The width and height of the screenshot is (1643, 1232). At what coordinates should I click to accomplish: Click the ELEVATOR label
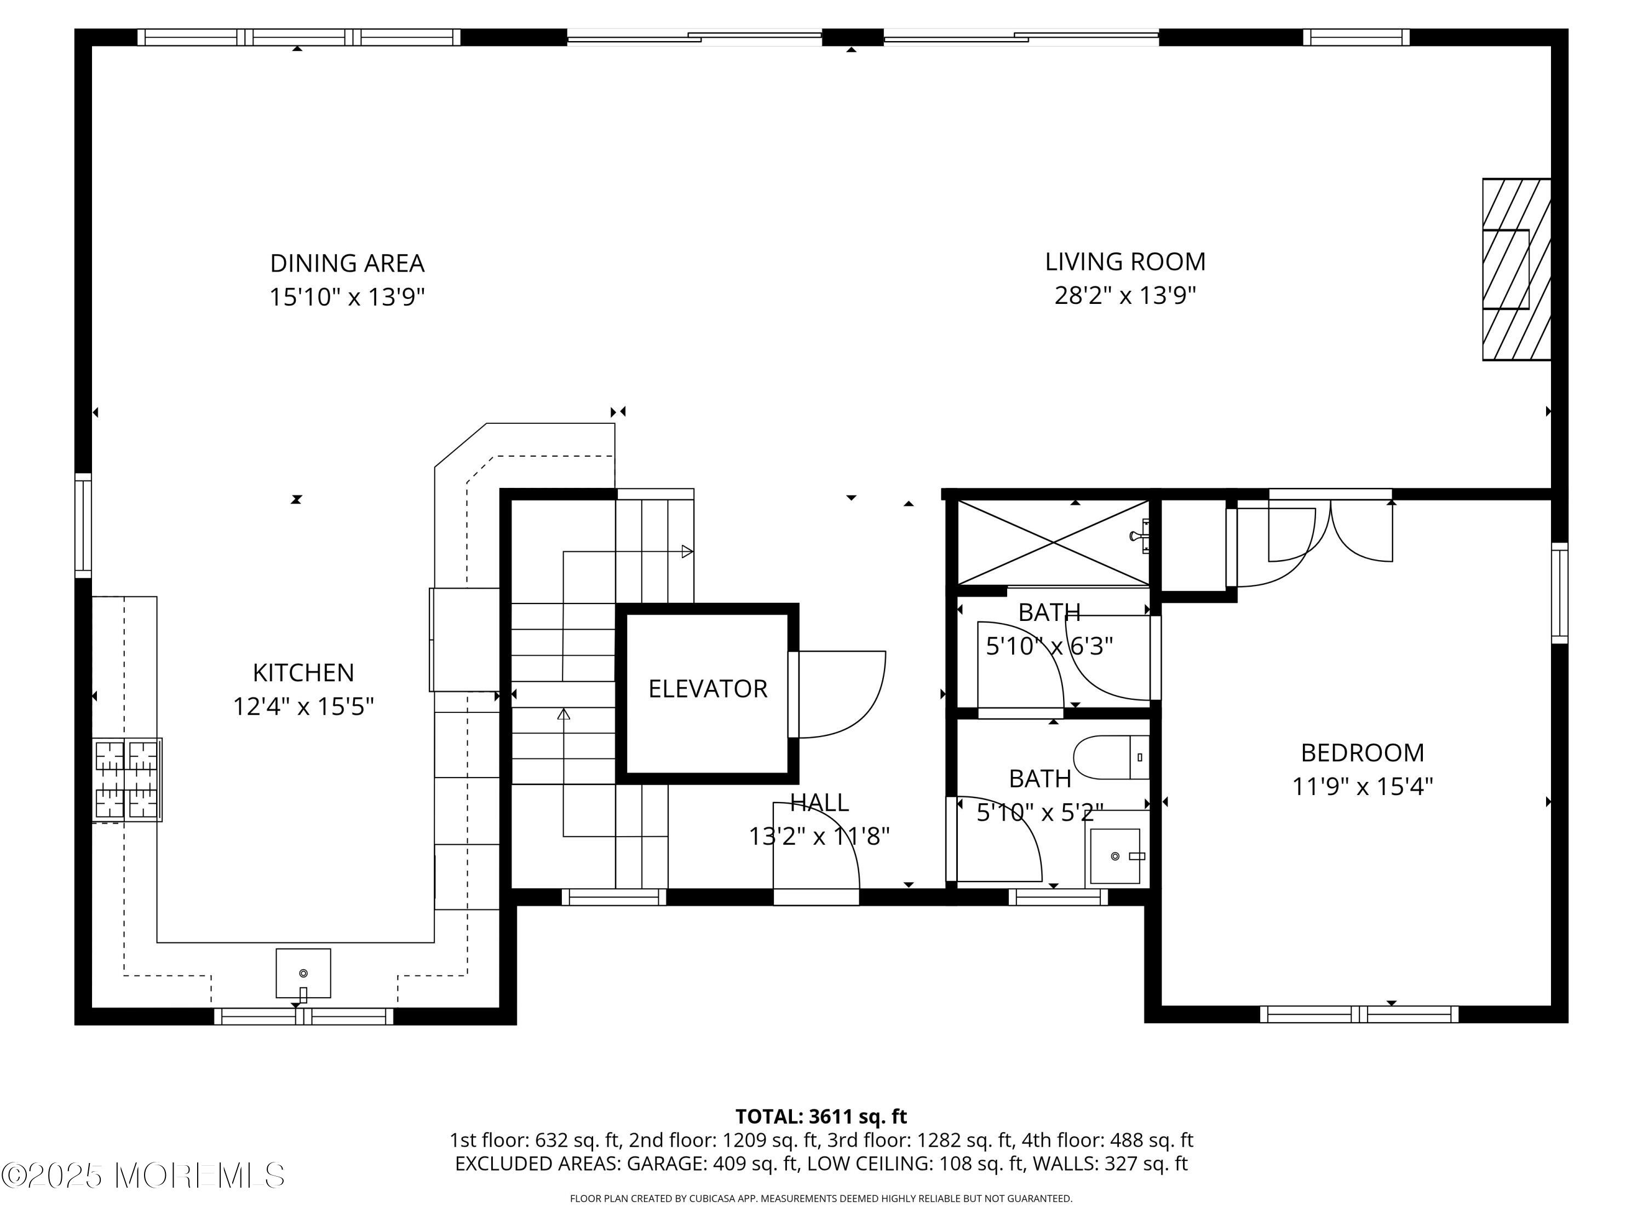[x=707, y=688]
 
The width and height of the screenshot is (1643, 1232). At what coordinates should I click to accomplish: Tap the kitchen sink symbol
[x=303, y=974]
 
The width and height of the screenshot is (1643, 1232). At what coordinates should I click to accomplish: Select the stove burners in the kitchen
[x=127, y=780]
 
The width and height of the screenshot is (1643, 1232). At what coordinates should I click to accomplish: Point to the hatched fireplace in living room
[x=1516, y=269]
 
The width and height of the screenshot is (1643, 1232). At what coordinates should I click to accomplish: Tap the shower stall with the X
[x=1053, y=542]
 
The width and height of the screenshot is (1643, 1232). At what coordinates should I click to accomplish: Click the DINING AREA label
[x=347, y=263]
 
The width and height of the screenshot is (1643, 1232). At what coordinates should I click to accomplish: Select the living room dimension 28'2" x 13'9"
[x=1124, y=296]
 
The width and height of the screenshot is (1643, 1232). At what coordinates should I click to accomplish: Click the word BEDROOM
[x=1362, y=752]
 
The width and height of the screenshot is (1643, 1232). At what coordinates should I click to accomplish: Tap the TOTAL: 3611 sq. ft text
[x=821, y=1116]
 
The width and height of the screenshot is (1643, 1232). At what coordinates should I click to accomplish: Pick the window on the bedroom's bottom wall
[x=1359, y=1014]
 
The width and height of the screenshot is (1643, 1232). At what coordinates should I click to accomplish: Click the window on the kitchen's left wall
[x=83, y=525]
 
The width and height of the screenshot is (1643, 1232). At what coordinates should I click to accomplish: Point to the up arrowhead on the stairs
[x=564, y=715]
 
